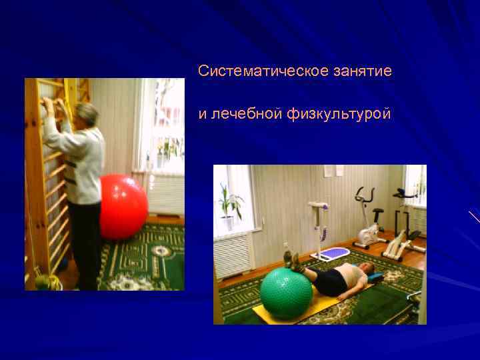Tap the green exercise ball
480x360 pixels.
(x=286, y=294)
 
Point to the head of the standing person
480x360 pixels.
(x=87, y=115)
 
